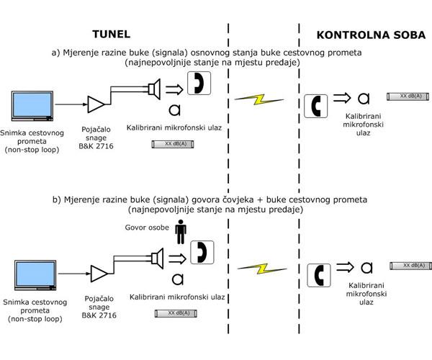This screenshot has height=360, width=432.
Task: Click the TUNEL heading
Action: pyautogui.click(x=112, y=34)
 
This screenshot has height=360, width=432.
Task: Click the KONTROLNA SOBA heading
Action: pyautogui.click(x=371, y=35)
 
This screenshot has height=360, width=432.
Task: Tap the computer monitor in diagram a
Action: pyautogui.click(x=32, y=106)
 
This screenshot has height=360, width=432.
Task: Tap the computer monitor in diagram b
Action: pyautogui.click(x=35, y=275)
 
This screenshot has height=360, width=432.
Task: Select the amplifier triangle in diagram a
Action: pyautogui.click(x=96, y=104)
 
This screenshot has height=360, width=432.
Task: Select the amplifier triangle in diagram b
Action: pyautogui.click(x=99, y=274)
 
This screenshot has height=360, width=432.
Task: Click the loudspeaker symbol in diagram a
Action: pyautogui.click(x=154, y=89)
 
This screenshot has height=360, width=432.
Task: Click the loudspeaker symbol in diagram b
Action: pyautogui.click(x=157, y=258)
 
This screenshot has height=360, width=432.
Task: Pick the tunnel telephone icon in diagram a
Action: pyautogui.click(x=199, y=84)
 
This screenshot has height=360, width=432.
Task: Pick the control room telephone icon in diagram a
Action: pyautogui.click(x=316, y=106)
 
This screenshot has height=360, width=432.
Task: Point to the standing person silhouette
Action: pyautogui.click(x=181, y=232)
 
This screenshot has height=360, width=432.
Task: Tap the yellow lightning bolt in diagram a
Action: pyautogui.click(x=259, y=99)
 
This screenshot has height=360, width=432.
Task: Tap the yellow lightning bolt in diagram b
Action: pyautogui.click(x=262, y=269)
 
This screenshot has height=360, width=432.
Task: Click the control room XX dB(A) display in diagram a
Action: pyautogui.click(x=408, y=96)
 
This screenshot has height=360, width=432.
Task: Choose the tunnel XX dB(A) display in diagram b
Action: pyautogui.click(x=176, y=313)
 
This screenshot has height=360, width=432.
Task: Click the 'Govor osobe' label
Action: pyautogui.click(x=147, y=228)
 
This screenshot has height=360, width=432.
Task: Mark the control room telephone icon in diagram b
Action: pyautogui.click(x=319, y=275)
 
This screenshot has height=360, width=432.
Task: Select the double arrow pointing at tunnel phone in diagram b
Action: pyautogui.click(x=178, y=259)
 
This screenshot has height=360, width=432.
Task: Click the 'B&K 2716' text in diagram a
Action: pyautogui.click(x=96, y=146)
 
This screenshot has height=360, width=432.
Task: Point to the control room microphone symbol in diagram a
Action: pyautogui.click(x=364, y=99)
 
